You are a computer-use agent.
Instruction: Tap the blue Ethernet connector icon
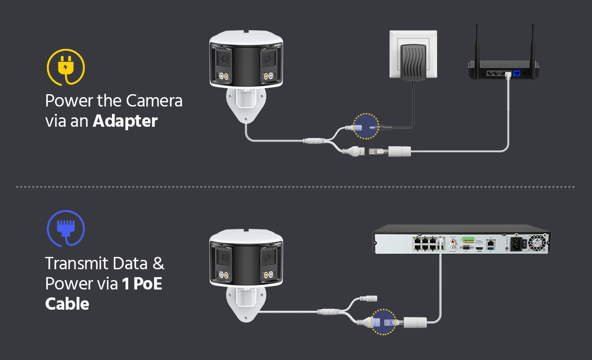click(x=65, y=228)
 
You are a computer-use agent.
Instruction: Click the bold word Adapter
click(x=125, y=120)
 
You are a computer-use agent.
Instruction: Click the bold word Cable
click(x=67, y=303)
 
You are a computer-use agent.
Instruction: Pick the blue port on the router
click(x=517, y=72)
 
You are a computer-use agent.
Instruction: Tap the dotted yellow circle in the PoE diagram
click(x=383, y=322)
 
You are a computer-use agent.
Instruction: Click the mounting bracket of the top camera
click(x=245, y=105)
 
